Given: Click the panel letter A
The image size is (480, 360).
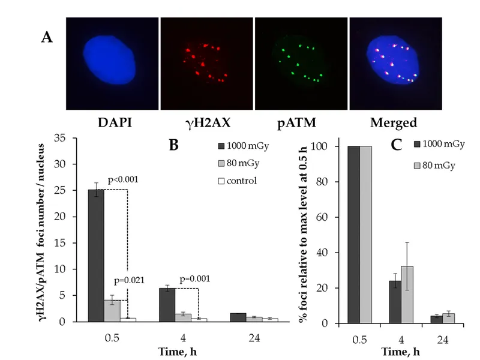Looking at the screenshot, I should [47, 37].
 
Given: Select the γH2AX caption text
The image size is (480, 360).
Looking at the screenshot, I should [205, 123].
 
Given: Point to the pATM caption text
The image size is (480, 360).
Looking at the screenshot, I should [299, 123].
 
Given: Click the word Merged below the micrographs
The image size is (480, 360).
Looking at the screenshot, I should [394, 123].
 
